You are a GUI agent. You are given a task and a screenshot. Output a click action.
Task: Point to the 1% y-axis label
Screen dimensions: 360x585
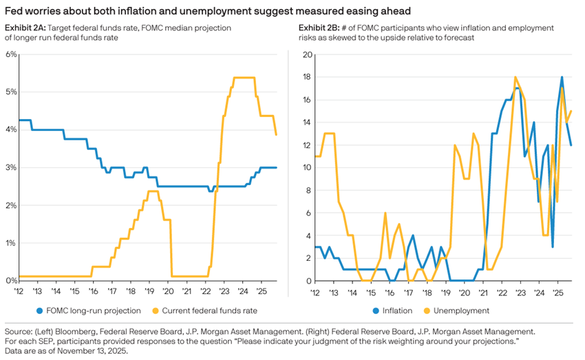11,243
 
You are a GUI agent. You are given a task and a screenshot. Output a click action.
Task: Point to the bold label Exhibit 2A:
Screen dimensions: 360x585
27,27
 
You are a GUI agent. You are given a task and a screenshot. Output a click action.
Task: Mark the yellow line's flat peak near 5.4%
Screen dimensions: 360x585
244,78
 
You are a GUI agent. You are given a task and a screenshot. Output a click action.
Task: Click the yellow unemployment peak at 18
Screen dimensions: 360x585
515,77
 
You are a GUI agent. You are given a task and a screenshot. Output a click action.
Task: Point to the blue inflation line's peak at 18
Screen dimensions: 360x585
562,77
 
